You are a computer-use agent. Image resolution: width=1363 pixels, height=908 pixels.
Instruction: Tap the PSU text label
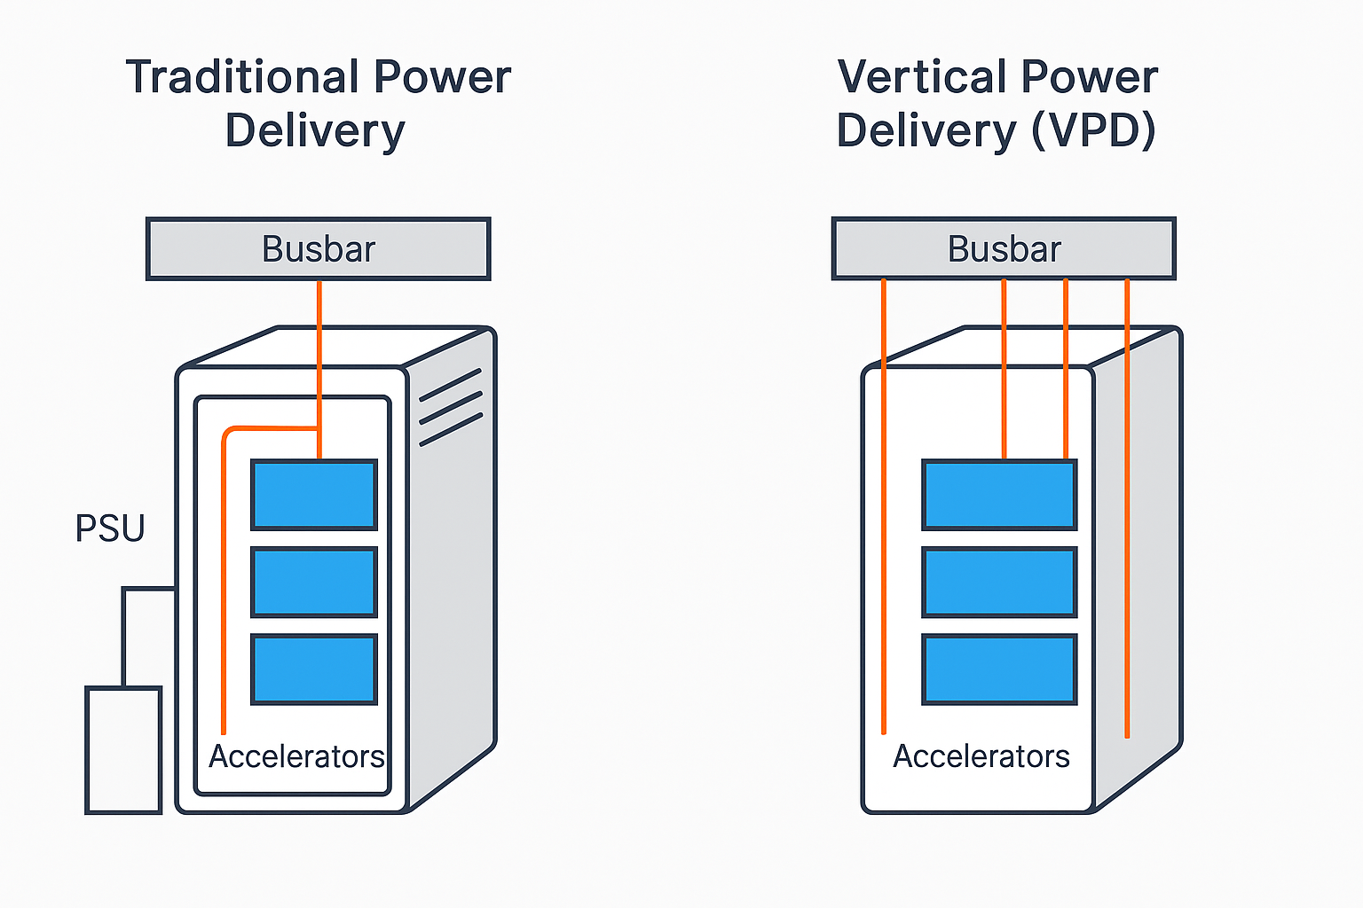point(110,528)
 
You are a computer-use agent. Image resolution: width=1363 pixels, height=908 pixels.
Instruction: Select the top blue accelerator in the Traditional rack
point(314,495)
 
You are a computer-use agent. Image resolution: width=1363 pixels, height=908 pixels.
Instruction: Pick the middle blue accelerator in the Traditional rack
point(314,582)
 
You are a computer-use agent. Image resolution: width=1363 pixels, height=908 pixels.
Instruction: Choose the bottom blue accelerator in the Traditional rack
point(314,669)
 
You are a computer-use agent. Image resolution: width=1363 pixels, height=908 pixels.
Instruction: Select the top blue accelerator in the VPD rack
point(999,495)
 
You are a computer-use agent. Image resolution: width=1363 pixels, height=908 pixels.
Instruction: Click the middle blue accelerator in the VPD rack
point(999,582)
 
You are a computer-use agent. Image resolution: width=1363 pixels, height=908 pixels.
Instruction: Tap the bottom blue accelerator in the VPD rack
point(999,669)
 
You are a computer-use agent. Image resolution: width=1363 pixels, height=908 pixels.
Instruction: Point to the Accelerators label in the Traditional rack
point(296,756)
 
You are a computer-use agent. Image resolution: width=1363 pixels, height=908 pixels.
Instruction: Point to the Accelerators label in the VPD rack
point(981,756)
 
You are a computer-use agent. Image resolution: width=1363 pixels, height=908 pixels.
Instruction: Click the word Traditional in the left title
point(241,77)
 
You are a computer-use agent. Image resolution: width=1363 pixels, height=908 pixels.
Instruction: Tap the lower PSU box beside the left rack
point(123,749)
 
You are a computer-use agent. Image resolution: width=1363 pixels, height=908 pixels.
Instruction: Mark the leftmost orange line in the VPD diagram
point(884,532)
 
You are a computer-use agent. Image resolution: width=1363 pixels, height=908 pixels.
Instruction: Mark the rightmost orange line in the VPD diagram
point(1127,532)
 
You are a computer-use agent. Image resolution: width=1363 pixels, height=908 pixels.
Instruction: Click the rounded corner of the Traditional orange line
point(227,432)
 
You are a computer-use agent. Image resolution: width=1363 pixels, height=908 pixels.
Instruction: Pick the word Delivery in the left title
point(315,130)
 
